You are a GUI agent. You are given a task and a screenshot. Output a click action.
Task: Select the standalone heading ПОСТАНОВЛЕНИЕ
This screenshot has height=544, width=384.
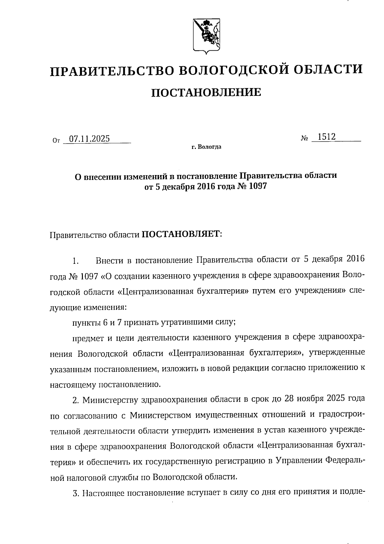tap(206, 93)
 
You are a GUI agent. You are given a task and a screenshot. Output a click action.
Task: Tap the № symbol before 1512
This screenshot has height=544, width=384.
tap(304, 138)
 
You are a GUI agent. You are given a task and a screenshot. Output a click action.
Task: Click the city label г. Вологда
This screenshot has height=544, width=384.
tap(206, 147)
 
